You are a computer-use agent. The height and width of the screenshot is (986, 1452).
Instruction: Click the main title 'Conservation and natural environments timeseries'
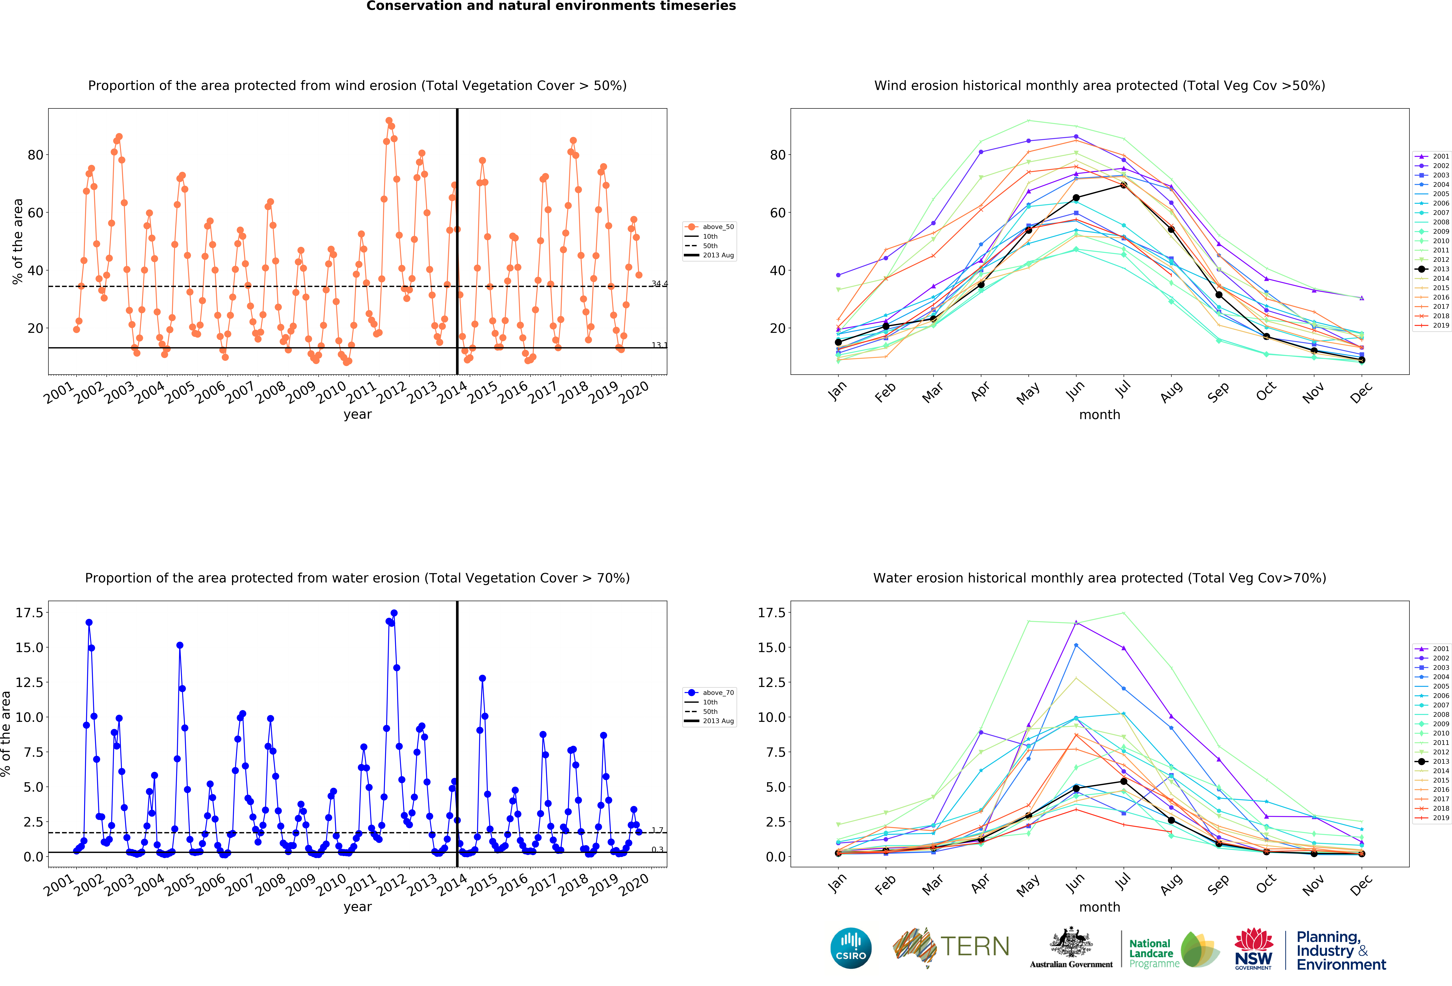click(551, 6)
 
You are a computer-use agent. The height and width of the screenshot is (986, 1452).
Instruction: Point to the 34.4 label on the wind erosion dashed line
click(659, 283)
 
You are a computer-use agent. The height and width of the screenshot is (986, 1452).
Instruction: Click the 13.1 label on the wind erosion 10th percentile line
click(659, 345)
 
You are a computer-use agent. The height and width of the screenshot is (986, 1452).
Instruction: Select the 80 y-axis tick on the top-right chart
click(778, 155)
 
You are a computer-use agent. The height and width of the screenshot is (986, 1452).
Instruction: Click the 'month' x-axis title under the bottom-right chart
click(1100, 907)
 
